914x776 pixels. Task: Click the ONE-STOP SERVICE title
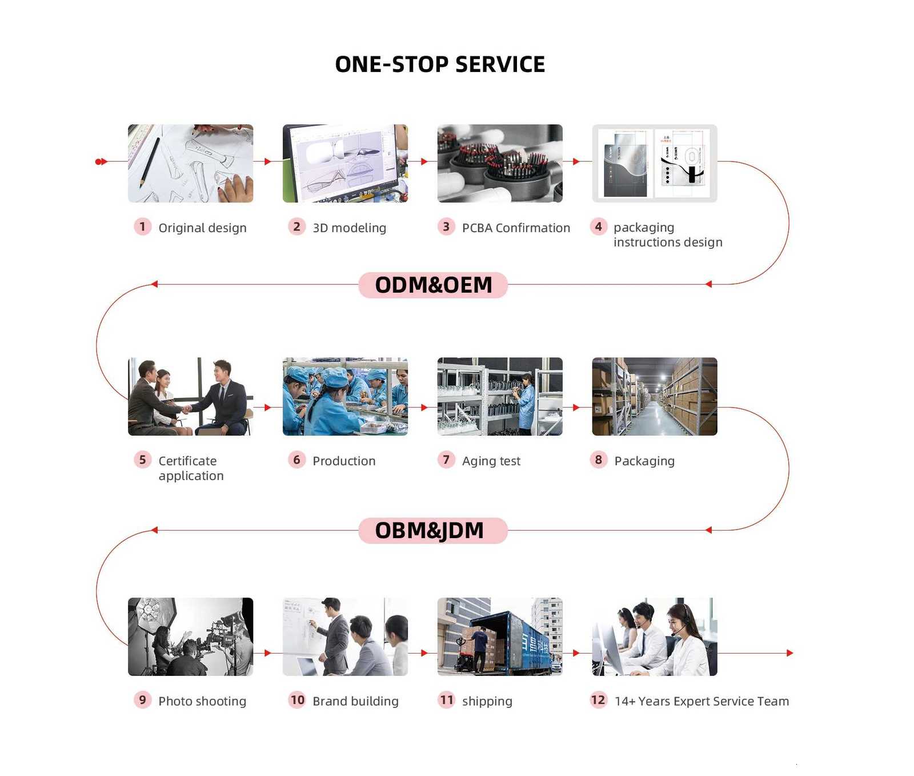440,65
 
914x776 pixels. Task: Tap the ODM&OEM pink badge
433,285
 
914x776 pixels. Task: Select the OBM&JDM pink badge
433,531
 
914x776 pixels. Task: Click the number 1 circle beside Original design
142,227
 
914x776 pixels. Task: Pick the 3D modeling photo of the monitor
345,164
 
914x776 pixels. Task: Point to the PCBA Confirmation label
516,228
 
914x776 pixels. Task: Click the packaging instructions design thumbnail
655,164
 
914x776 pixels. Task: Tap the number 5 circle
142,460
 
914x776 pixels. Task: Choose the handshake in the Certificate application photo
186,409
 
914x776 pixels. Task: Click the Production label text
344,461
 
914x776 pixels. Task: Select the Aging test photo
500,396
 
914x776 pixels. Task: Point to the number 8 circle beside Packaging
598,460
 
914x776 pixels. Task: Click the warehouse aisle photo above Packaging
655,396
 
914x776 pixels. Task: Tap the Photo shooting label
202,702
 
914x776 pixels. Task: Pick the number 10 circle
297,700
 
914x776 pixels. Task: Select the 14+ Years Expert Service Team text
701,702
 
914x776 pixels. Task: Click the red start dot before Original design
99,162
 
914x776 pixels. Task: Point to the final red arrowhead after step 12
790,653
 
